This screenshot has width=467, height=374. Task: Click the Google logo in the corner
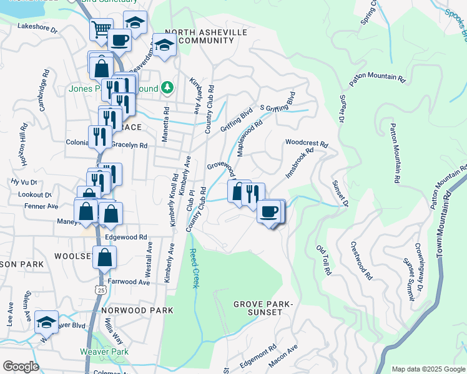tap(21, 367)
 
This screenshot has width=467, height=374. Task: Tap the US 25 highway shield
tap(101, 289)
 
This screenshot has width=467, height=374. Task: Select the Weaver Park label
tap(104, 351)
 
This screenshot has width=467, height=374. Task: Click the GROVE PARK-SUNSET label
tap(262, 308)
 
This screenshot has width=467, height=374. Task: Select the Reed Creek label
tap(194, 268)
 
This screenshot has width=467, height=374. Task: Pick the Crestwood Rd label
tap(361, 260)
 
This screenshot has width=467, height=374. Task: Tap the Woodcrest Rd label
tap(307, 143)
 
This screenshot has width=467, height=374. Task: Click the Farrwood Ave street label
tap(129, 282)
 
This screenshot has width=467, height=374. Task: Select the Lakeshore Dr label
tap(37, 29)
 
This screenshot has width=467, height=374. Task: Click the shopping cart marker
tap(101, 29)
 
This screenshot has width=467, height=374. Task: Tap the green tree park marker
tap(167, 88)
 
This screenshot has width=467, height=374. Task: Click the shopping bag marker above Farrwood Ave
tap(105, 256)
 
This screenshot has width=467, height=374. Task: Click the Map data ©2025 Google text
tap(428, 368)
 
